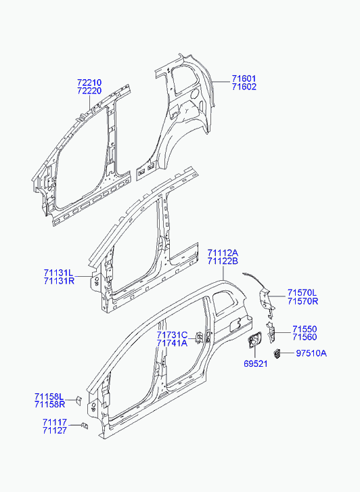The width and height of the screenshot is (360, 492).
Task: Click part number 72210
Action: pos(89,83)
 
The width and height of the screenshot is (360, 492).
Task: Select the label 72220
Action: pos(89,91)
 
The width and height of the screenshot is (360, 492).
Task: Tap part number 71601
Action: pos(244,79)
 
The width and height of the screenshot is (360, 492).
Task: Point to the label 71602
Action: pos(244,87)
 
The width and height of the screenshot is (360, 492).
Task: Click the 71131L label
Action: pos(58,273)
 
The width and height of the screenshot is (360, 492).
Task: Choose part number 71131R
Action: pos(59,281)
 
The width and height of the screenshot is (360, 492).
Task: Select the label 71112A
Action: pos(223,253)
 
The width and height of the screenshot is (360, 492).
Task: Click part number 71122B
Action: pos(223,261)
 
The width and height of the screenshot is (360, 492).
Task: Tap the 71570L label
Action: pos(302,293)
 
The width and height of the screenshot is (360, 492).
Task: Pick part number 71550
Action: pos(305,329)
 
